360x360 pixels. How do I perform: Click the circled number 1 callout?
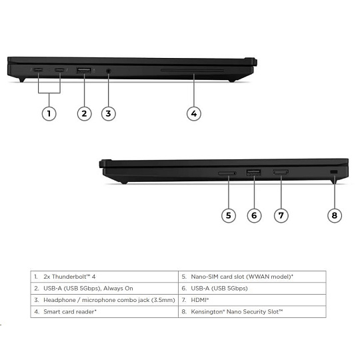click(49, 113)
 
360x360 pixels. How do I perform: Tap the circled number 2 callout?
click(84, 113)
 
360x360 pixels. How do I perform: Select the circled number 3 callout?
click(109, 113)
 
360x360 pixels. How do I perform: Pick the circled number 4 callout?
click(194, 113)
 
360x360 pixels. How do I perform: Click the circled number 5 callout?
click(229, 215)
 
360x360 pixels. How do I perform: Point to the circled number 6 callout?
click(254, 215)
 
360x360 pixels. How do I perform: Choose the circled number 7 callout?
click(281, 215)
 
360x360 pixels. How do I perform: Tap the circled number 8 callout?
click(334, 215)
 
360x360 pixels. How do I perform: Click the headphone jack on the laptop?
click(109, 71)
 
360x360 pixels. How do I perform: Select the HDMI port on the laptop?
click(281, 172)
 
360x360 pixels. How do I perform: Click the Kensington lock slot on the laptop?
click(333, 172)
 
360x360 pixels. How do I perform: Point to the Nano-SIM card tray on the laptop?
click(227, 173)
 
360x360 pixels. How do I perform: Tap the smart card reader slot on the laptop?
click(192, 71)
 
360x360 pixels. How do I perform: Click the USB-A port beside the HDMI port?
click(253, 172)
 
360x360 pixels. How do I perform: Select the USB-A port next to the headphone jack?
click(84, 71)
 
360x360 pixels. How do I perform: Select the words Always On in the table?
click(118, 289)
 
